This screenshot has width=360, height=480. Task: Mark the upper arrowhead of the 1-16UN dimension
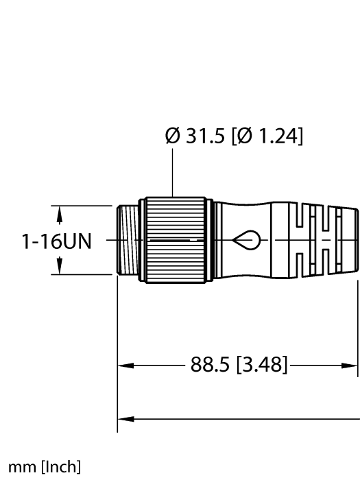pos(60,216)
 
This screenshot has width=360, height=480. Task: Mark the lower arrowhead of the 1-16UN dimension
pos(60,264)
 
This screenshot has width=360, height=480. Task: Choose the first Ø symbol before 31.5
pos(172,136)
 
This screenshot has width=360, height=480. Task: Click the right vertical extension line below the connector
pos(357,322)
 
